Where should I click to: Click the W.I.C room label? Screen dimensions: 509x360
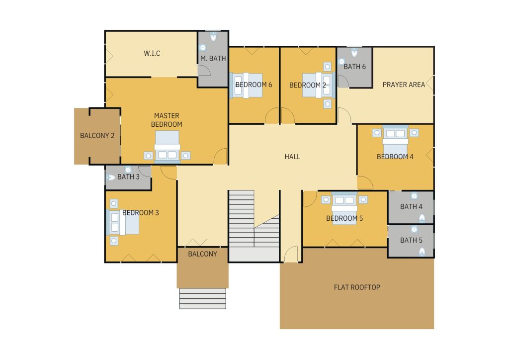point(152,53)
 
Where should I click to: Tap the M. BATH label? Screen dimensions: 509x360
point(213,59)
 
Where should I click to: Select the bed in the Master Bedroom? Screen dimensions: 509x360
point(167,146)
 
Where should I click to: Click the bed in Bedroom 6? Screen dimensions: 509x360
point(246,85)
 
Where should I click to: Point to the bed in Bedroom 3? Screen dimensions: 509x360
point(123,222)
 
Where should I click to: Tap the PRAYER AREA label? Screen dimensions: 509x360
point(404,85)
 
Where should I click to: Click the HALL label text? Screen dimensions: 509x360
point(292,157)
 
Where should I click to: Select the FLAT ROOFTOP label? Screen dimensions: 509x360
point(357,287)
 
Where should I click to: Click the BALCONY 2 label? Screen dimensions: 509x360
point(97,136)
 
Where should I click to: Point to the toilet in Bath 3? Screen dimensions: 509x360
point(110,178)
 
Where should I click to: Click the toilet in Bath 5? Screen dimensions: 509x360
point(422,252)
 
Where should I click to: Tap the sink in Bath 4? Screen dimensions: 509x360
point(414,195)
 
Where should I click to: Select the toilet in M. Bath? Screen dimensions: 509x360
point(213,36)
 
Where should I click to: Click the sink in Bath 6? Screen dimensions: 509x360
point(341,61)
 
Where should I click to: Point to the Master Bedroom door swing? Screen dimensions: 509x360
point(220,156)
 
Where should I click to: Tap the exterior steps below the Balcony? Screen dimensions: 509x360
point(203,298)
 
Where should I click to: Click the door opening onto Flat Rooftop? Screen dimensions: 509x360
point(291,254)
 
